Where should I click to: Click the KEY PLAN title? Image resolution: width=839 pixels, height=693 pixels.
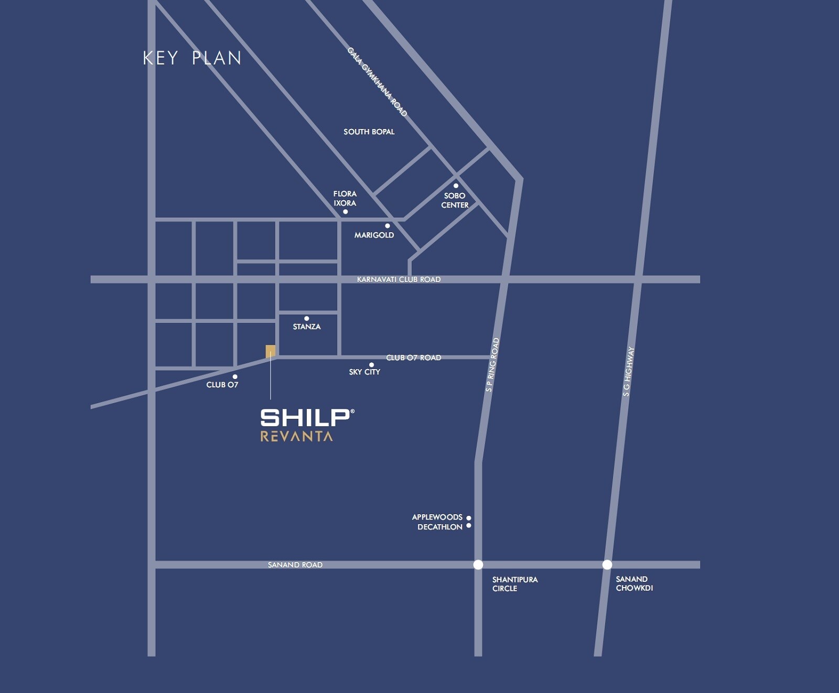(x=192, y=58)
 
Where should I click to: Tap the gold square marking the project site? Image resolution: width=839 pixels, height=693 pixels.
(x=271, y=350)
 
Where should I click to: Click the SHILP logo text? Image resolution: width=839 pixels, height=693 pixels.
(x=306, y=418)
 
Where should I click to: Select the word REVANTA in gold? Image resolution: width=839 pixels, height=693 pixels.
(x=297, y=436)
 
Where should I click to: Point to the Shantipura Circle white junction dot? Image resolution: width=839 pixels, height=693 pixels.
(x=478, y=565)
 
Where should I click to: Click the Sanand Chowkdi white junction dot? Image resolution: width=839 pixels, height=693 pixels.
(x=607, y=565)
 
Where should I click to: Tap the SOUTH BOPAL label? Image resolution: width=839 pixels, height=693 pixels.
(x=369, y=132)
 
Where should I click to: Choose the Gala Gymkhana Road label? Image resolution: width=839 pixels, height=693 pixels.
(x=377, y=82)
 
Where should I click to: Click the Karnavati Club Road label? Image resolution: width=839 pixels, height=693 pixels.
(x=399, y=279)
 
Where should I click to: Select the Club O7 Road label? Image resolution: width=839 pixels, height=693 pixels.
(x=414, y=358)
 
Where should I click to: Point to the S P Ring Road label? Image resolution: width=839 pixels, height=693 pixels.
(x=492, y=365)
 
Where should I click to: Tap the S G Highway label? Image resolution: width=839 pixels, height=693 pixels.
(x=628, y=371)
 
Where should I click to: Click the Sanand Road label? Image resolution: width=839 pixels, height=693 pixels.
(x=295, y=565)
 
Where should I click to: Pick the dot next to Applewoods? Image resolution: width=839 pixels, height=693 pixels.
(x=469, y=518)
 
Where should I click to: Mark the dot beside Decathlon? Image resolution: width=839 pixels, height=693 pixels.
(x=469, y=526)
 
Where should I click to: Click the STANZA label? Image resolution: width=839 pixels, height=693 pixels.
(x=307, y=327)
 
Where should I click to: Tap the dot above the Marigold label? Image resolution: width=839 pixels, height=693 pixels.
(x=388, y=226)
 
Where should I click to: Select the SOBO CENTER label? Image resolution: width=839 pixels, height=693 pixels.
(x=455, y=200)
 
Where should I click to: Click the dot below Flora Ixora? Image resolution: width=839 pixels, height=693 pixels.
(x=345, y=212)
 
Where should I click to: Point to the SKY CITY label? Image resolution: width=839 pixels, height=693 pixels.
(x=364, y=372)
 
